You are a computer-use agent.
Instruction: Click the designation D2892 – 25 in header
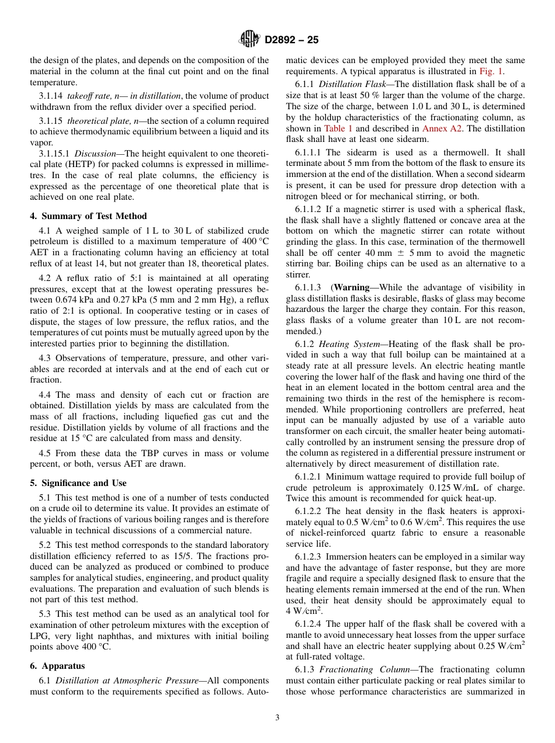coord(292,40)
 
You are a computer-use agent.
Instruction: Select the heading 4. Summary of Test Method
coord(88,216)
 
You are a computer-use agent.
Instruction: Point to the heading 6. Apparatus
coord(57,665)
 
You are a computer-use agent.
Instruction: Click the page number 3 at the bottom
coord(277,717)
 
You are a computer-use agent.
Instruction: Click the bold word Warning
coord(351,287)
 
